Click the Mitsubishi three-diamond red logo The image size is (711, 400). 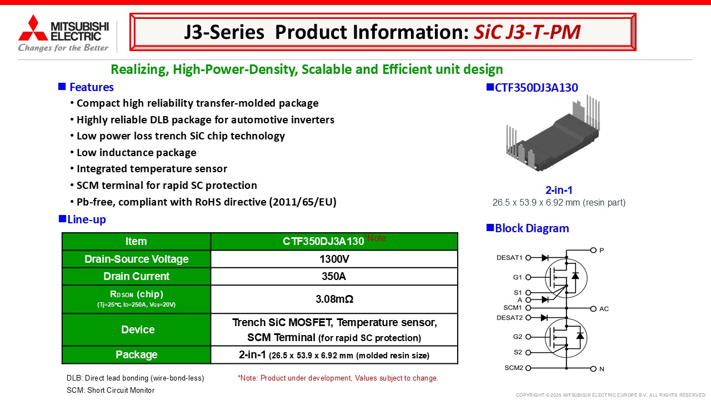click(x=33, y=28)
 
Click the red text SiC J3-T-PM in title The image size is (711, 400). click(x=527, y=32)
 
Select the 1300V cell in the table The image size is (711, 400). click(x=334, y=259)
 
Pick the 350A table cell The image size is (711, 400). click(x=334, y=276)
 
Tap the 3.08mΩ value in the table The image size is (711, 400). click(x=334, y=299)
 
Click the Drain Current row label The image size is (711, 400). click(x=137, y=276)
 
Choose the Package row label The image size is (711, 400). click(x=137, y=354)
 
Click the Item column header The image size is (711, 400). click(x=136, y=241)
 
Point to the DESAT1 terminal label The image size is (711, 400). click(x=509, y=258)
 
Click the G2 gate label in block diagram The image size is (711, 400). click(x=518, y=337)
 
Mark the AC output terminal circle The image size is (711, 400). click(x=593, y=309)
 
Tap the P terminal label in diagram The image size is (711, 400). click(x=602, y=251)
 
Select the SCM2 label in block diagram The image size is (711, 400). click(x=514, y=368)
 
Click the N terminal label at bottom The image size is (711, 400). click(x=602, y=369)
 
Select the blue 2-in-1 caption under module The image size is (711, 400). click(x=559, y=190)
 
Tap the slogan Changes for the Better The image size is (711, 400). click(x=63, y=48)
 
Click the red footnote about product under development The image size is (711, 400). click(x=338, y=378)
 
